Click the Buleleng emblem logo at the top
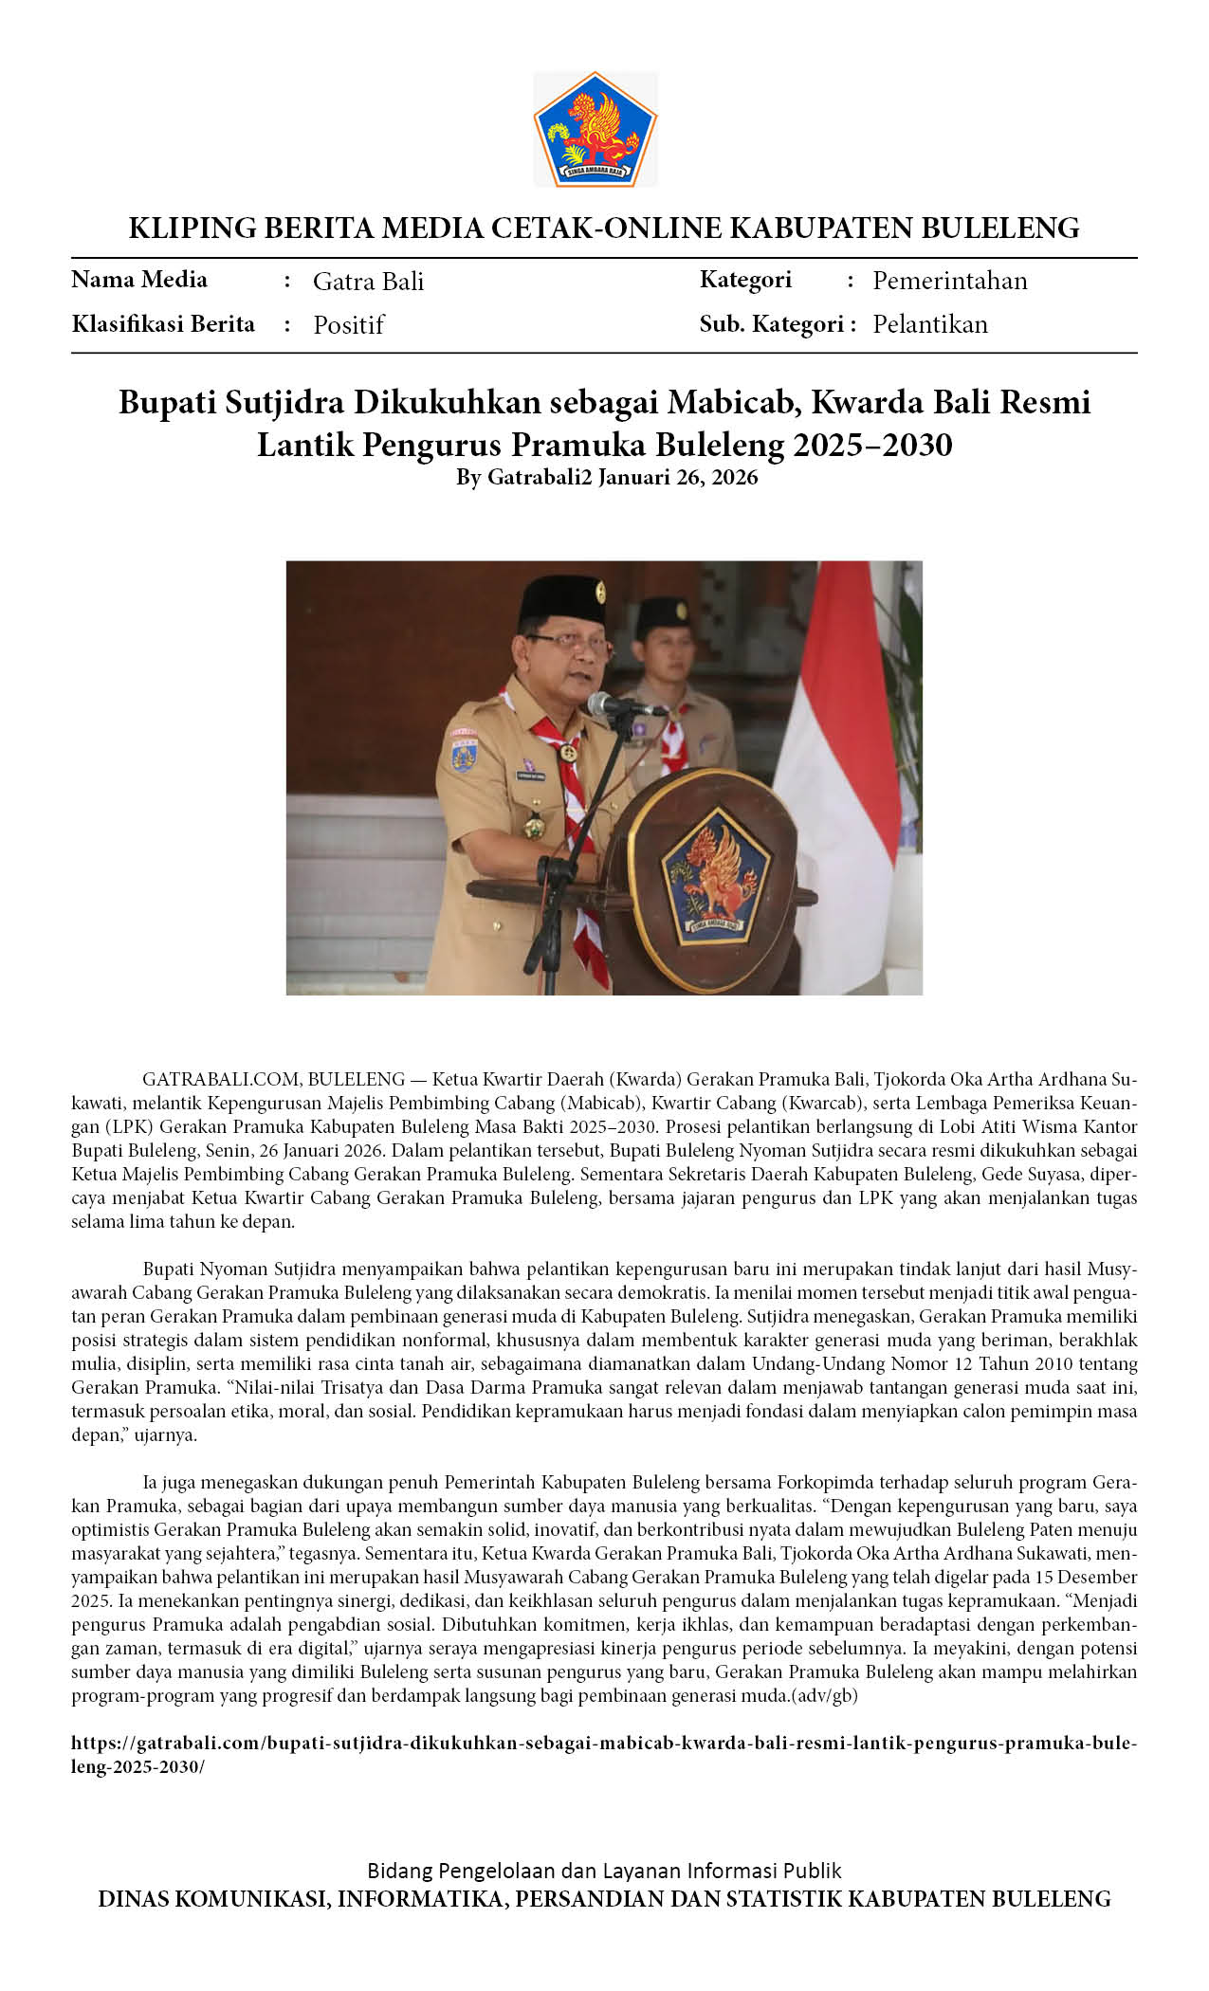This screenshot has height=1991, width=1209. tap(595, 128)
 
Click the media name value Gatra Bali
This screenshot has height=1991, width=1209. tap(368, 282)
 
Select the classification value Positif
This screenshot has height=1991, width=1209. tap(348, 325)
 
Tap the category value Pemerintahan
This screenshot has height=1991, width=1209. tap(949, 281)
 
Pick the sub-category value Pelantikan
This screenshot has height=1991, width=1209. tap(929, 324)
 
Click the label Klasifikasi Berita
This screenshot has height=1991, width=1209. tap(163, 324)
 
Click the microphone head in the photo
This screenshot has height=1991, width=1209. tap(602, 703)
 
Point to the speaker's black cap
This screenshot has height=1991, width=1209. tap(562, 599)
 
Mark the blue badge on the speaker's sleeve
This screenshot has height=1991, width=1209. tap(463, 756)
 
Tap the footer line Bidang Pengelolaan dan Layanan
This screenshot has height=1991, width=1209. tap(604, 1871)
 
